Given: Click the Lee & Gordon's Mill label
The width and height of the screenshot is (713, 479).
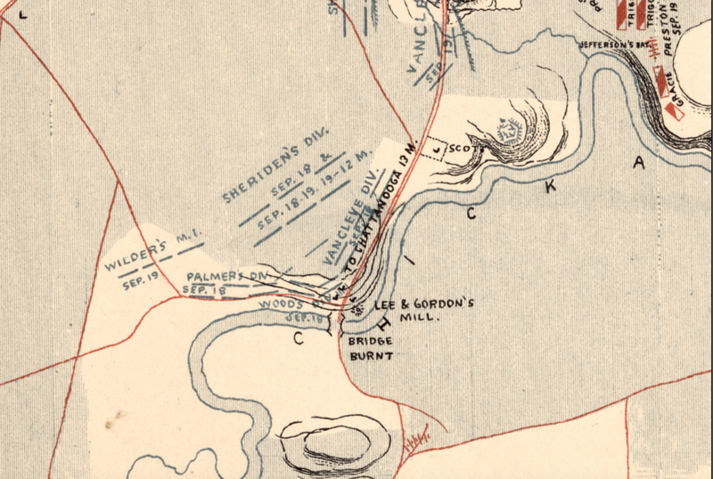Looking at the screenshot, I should pos(420,310).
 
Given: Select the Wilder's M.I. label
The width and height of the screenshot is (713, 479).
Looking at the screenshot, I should pos(154,253).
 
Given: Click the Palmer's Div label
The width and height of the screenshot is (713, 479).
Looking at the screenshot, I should pos(227,278).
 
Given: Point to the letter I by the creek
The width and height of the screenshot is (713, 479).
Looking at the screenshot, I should pos(411,261).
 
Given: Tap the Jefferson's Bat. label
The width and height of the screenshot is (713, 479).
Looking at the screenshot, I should pos(611,43).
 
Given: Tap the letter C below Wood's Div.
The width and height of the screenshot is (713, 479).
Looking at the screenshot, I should pos(299,337).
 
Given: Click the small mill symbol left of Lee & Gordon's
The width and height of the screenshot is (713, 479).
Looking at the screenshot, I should pos(359,308).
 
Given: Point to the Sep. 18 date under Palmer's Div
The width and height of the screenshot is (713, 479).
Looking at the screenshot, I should pos(204,289).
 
